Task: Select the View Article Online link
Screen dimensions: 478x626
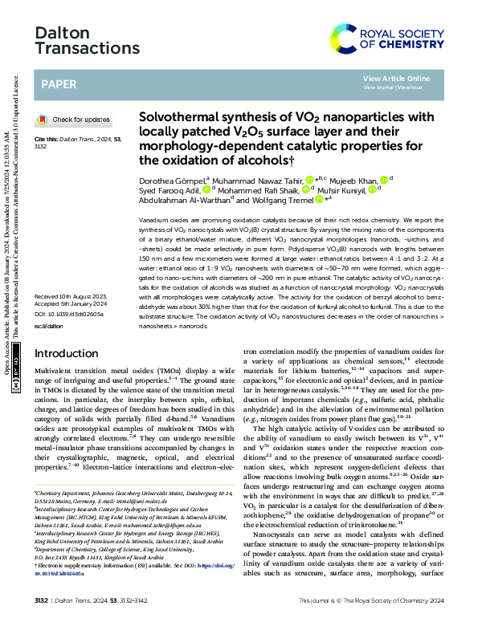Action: [x=395, y=78]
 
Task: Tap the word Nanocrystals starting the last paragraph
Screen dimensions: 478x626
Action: [x=272, y=535]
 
